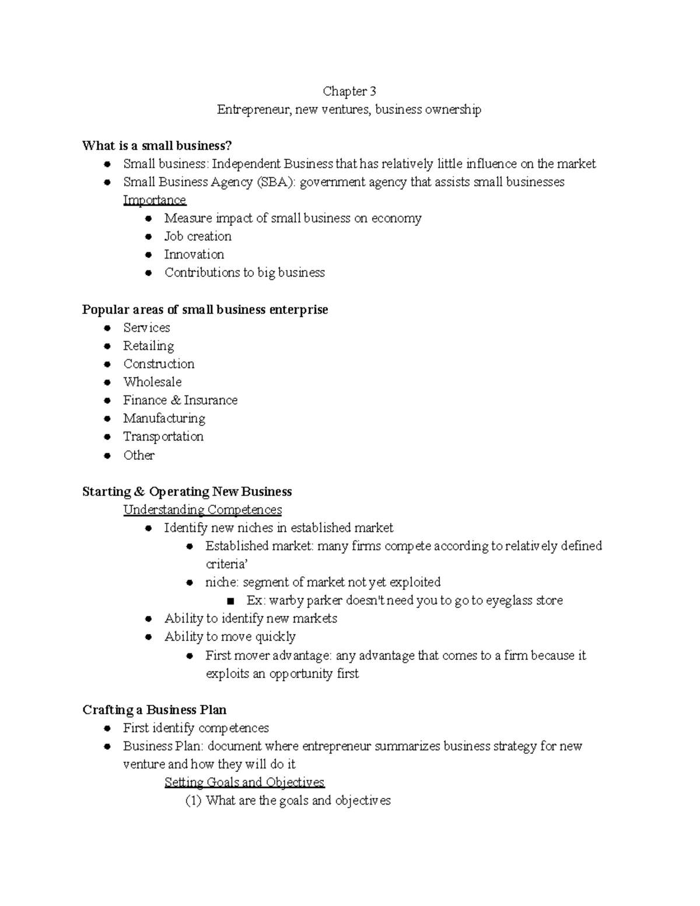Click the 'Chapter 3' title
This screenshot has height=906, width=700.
coord(349,91)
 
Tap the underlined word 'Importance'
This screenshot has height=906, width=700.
coord(154,200)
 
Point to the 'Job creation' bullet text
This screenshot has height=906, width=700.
coord(198,236)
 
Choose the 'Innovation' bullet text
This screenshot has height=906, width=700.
coord(194,254)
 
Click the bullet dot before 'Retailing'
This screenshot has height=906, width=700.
coord(107,346)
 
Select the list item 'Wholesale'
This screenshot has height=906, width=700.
coord(152,382)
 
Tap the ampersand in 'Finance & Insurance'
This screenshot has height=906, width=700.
coord(175,400)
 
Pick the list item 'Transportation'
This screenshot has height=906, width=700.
coord(163,436)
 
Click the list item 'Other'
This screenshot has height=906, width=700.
coord(139,455)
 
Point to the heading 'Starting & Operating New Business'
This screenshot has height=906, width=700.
coord(187,491)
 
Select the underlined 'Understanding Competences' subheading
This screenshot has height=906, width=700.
coord(202,510)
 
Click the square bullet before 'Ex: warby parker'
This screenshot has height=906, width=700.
coord(231,601)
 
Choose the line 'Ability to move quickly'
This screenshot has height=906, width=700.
coord(230,636)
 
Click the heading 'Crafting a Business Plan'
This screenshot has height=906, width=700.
coord(154,709)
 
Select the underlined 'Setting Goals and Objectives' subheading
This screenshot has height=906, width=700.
coord(244,782)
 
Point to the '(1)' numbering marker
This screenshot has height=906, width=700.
coord(193,800)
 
